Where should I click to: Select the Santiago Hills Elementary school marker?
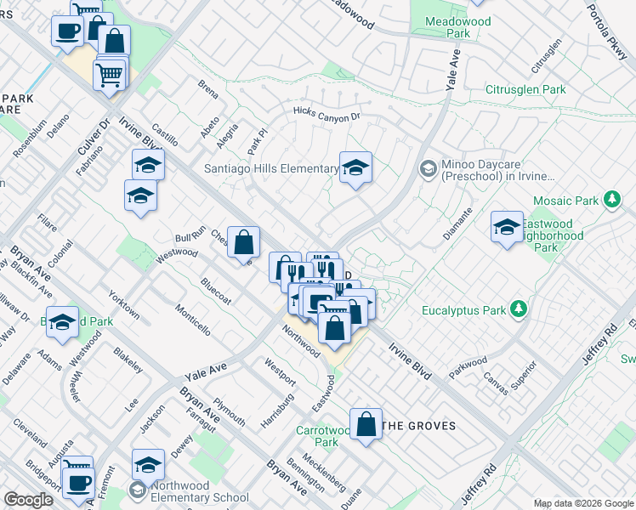pos(355,168)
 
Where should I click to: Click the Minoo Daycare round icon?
pos(429,169)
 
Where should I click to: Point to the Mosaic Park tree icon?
pos(610,200)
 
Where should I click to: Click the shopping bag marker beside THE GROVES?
pos(366,425)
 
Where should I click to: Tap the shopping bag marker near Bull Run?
pos(243,242)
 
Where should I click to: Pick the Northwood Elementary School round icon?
pos(137,490)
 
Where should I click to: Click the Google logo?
pos(28,500)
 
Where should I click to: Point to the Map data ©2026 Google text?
pos(582,503)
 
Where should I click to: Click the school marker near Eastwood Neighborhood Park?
pos(507,227)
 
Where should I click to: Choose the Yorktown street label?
pos(124,303)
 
